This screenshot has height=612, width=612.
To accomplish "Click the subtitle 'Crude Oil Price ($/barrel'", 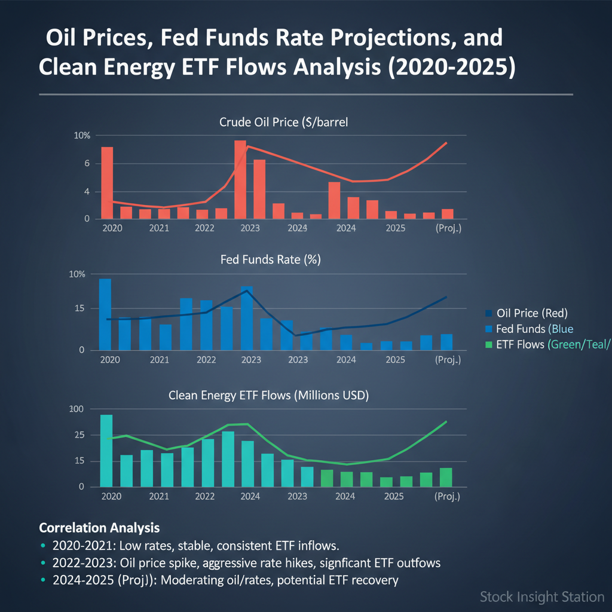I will pyautogui.click(x=284, y=123).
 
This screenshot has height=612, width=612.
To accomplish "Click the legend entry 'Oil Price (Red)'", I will pyautogui.click(x=532, y=313).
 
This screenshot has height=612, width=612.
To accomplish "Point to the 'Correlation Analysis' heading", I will pyautogui.click(x=99, y=528).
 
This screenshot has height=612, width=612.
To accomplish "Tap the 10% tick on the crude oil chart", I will pyautogui.click(x=82, y=136).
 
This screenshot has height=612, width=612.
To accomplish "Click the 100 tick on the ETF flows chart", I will pyautogui.click(x=78, y=409).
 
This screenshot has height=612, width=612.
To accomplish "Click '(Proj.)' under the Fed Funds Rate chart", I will pyautogui.click(x=448, y=360).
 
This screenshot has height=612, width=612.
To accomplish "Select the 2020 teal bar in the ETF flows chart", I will pyautogui.click(x=106, y=451).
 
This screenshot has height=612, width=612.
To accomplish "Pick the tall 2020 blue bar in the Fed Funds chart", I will pyautogui.click(x=105, y=314).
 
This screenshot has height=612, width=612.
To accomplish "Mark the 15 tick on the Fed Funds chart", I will pyautogui.click(x=79, y=308).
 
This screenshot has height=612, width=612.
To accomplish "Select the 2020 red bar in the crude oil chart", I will pyautogui.click(x=107, y=183).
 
